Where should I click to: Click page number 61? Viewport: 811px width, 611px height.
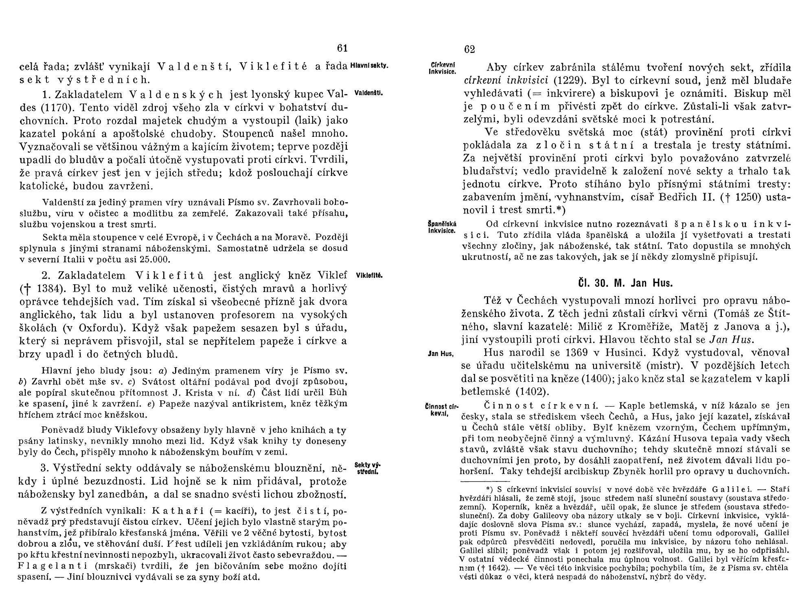[x=342, y=48]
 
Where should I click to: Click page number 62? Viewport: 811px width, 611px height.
[x=469, y=49]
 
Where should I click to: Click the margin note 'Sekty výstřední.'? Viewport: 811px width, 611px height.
[x=368, y=469]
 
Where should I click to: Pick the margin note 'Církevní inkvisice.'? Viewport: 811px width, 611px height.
[x=443, y=68]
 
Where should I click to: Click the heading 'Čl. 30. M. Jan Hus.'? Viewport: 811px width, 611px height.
[x=625, y=283]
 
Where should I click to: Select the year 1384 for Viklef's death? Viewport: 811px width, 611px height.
[x=48, y=289]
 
